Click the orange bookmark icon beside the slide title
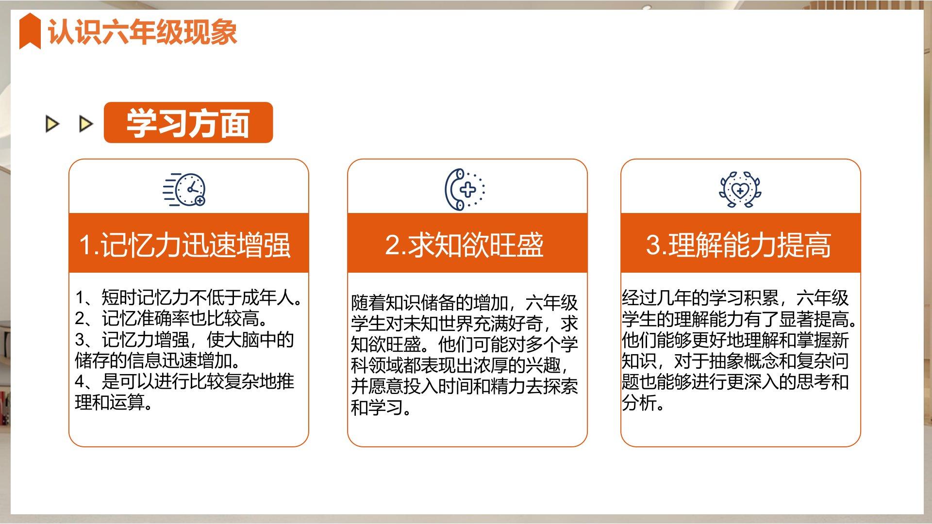[30, 31]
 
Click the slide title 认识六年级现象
[142, 32]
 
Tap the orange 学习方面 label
[188, 123]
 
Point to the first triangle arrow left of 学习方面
[52, 124]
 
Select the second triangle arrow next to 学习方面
[86, 124]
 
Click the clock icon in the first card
[184, 189]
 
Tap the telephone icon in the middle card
[465, 189]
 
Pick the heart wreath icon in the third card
[740, 189]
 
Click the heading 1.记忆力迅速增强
[184, 245]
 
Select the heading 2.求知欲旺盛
[465, 245]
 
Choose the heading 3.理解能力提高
[738, 245]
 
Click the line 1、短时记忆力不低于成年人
[188, 297]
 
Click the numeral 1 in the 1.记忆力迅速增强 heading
[85, 245]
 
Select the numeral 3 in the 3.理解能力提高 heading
[653, 245]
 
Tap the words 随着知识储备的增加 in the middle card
[429, 303]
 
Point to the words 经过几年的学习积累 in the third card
[700, 297]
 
